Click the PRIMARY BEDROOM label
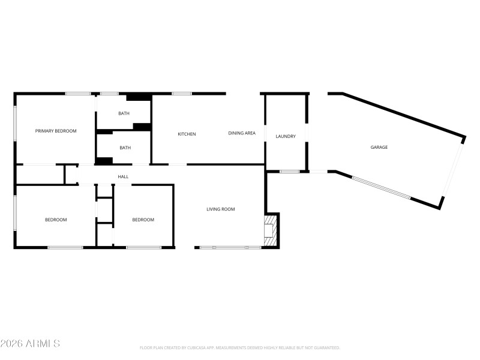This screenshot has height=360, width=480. [56, 131]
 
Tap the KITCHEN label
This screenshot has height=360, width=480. [187, 134]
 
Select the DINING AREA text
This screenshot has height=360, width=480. [242, 133]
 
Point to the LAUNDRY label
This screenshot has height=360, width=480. [286, 136]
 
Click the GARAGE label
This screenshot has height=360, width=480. [379, 147]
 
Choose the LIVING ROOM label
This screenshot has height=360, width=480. [220, 209]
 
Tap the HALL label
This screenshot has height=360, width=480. [123, 176]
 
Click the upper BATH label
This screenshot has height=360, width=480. [124, 113]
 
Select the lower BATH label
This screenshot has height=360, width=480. [125, 148]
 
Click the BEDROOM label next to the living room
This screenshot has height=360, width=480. [143, 220]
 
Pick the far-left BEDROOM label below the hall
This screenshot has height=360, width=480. [56, 220]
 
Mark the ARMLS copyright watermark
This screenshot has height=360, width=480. [30, 344]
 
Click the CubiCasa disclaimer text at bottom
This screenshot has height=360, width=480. [239, 347]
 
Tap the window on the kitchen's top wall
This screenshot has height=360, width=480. [181, 94]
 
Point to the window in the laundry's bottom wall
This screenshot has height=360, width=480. [290, 172]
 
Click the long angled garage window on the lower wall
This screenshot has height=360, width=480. [381, 187]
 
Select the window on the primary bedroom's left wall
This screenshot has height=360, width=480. [15, 125]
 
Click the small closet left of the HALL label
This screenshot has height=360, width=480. [40, 175]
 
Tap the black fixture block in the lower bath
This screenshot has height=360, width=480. [104, 160]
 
